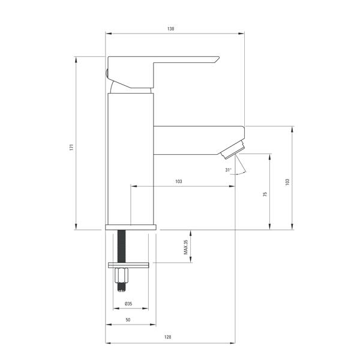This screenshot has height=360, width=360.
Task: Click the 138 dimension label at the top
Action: point(170,29)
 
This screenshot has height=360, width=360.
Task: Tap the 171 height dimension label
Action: point(71,147)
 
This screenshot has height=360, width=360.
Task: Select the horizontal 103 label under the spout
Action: point(179,181)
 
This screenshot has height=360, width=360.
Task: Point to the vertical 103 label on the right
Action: point(287,182)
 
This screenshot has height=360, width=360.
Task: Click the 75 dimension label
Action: point(265,194)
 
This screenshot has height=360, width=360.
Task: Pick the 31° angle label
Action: point(228,170)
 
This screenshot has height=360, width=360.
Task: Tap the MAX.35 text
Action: point(186,247)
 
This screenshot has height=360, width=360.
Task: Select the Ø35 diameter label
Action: point(128,304)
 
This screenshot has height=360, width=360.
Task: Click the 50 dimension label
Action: point(128,320)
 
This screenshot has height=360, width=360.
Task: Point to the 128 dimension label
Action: point(167,337)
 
